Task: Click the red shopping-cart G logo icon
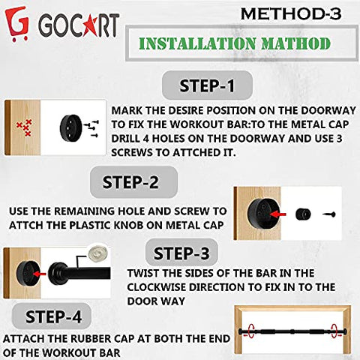(17, 23)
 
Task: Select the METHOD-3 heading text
(291, 14)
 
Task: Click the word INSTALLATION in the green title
(197, 43)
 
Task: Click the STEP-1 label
(207, 85)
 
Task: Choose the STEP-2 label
(130, 182)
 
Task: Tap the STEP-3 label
(181, 253)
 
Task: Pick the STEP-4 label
(53, 316)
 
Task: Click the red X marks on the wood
(25, 127)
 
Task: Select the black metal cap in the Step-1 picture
(70, 128)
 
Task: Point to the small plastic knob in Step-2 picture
(303, 214)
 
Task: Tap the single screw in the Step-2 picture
(329, 214)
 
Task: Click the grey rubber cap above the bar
(97, 253)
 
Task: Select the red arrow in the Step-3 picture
(39, 274)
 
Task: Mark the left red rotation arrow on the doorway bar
(250, 331)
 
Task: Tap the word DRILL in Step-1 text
(125, 139)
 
